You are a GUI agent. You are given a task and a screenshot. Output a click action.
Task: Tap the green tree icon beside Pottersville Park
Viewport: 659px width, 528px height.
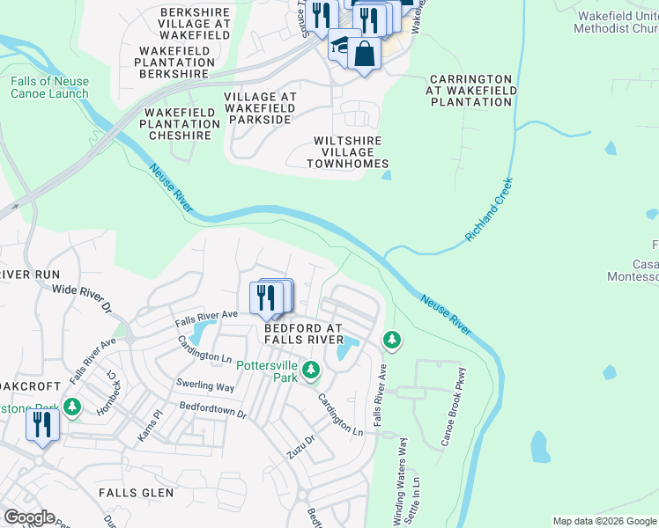(310, 370)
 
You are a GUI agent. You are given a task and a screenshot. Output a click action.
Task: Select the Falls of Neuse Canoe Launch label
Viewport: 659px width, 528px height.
(49, 87)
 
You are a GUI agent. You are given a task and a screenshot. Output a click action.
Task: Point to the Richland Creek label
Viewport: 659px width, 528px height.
(489, 211)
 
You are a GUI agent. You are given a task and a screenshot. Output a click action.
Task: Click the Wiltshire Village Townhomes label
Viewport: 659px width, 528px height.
(347, 152)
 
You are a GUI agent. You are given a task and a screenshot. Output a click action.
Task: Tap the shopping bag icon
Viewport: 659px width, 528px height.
(364, 55)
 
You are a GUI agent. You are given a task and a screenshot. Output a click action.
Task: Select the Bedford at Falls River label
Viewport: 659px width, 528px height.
(304, 334)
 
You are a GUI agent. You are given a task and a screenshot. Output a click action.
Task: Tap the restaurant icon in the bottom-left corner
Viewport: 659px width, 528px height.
(41, 426)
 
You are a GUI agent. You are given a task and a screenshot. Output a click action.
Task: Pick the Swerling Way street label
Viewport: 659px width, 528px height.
(204, 386)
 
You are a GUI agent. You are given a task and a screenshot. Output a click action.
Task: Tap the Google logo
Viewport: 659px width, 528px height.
(29, 517)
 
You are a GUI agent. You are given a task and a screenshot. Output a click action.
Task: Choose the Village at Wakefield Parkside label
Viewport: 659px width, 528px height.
(260, 107)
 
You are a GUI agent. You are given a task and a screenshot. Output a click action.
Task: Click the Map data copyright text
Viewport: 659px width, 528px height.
(603, 521)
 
